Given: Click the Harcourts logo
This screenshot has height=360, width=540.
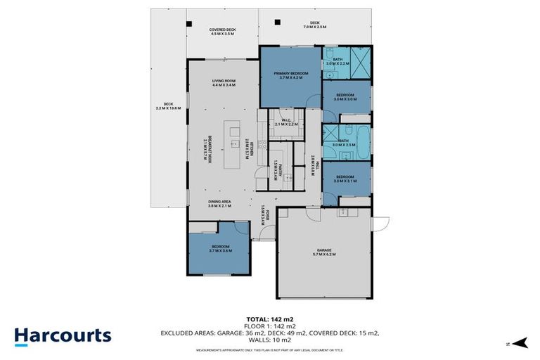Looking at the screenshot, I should pos(63,335).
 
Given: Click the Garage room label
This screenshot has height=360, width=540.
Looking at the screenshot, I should pos(323,251).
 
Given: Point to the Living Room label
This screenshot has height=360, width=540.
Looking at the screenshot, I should pos(224,83).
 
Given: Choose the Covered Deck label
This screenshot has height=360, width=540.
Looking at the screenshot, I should pos(222,32).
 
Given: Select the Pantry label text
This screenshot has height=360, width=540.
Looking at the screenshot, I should pos(277,168).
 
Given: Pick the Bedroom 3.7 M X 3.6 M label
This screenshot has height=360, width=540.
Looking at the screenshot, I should pos(220,248).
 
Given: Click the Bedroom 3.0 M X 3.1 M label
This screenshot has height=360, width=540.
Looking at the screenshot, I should pos(345,178).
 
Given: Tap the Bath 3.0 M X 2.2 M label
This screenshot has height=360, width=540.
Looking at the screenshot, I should pos(337,62).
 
